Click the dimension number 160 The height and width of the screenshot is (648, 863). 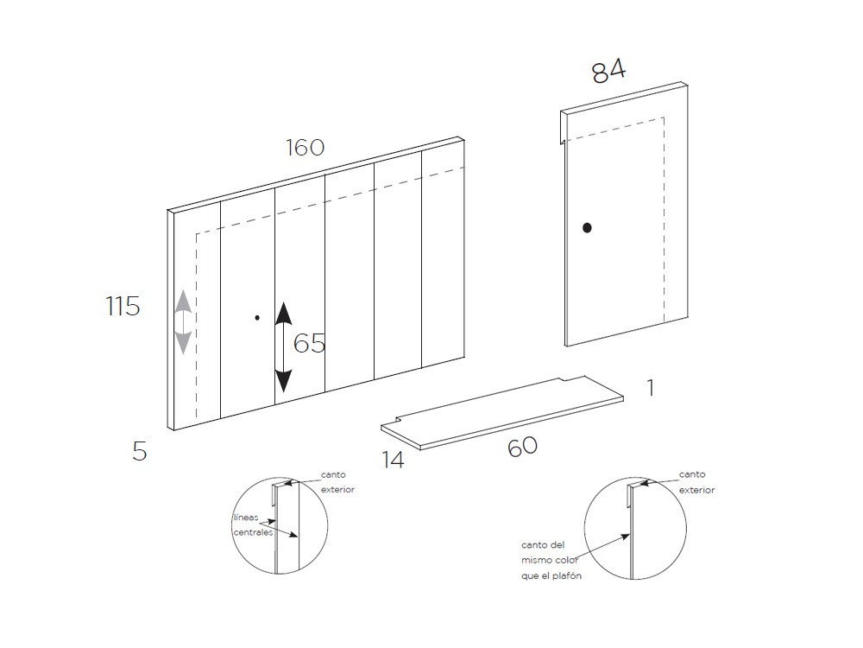click(305, 147)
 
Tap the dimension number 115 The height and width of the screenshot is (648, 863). click(123, 306)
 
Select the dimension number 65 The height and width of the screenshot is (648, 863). click(309, 343)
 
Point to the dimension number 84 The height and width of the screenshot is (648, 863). click(608, 72)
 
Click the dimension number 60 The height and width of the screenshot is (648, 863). click(522, 447)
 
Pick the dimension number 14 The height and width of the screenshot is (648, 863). click(394, 460)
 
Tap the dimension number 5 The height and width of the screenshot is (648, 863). click(140, 451)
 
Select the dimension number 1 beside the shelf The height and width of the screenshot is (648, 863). click(651, 388)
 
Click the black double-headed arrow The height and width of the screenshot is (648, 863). click(283, 347)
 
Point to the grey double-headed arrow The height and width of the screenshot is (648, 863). click(183, 321)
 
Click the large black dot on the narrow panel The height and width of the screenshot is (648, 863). click(587, 227)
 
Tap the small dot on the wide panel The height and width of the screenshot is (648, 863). click(257, 318)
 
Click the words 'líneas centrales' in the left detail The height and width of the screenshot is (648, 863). click(253, 525)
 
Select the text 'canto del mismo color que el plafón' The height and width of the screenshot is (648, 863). click(551, 561)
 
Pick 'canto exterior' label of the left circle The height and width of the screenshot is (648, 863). click(337, 482)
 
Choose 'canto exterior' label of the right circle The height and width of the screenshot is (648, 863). click(696, 482)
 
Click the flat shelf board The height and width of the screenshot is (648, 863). click(502, 413)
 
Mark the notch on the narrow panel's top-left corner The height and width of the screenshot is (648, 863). click(564, 127)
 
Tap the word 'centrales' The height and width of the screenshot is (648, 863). click(253, 532)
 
